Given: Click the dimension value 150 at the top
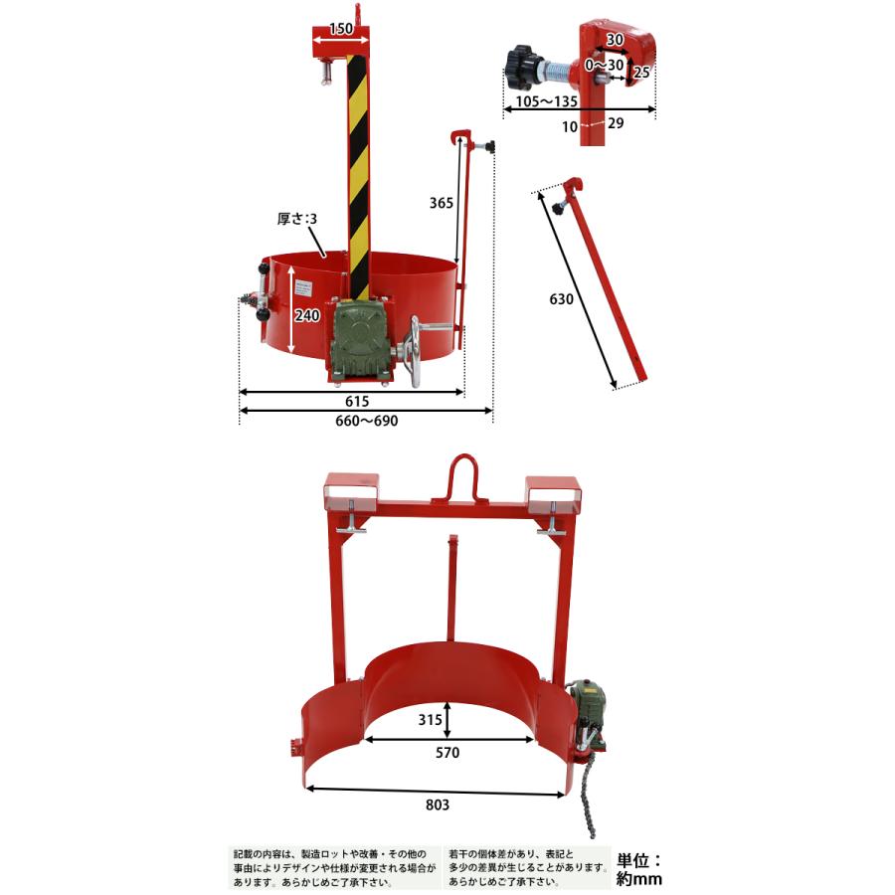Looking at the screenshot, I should point(340,30).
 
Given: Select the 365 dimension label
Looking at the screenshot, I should point(442,203).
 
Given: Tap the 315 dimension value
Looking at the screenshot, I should point(429,718).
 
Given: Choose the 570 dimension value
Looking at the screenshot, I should point(447,753).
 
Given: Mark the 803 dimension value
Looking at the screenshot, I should point(437,805).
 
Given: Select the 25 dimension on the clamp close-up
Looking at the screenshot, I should point(642,72).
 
